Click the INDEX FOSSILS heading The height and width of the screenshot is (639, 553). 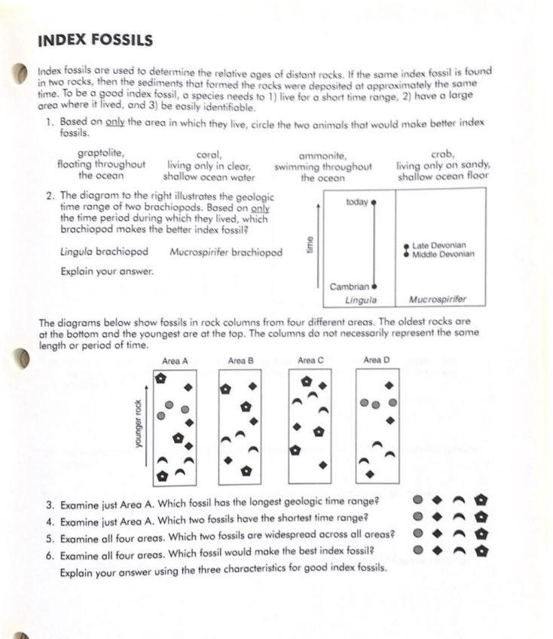(x=96, y=40)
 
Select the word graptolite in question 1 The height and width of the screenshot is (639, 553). (x=101, y=153)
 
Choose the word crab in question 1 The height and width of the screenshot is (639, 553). (x=442, y=154)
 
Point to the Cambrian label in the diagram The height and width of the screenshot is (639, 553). (x=349, y=286)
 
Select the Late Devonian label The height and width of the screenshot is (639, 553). (x=438, y=246)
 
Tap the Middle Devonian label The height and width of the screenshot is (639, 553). (x=443, y=255)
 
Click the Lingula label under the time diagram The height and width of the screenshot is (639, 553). (x=360, y=300)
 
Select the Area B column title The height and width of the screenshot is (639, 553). (x=240, y=362)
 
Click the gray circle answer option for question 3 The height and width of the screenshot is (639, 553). (x=417, y=500)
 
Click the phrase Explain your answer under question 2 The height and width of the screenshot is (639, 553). (x=107, y=271)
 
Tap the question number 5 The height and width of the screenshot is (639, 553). (x=49, y=535)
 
